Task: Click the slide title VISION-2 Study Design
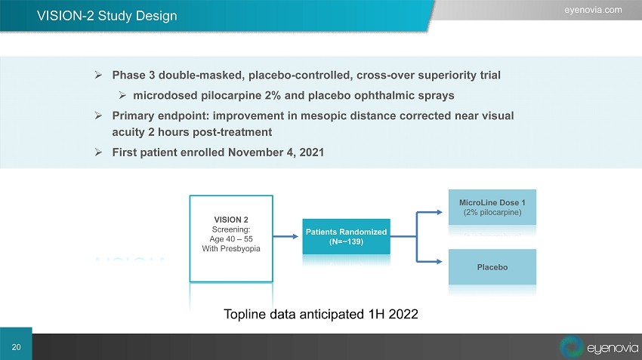point(106,16)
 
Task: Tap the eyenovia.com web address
point(593,10)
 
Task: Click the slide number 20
point(16,347)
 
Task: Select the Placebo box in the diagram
point(492,266)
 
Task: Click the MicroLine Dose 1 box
point(492,207)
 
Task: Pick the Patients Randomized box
point(346,236)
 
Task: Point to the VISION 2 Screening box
point(231,238)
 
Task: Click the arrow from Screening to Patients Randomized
point(286,236)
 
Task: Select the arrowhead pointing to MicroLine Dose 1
point(440,212)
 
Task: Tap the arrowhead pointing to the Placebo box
point(440,261)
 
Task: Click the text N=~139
point(346,242)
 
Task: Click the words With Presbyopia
point(231,248)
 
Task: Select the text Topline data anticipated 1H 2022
point(320,314)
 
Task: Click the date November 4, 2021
point(276,152)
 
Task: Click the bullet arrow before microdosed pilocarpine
point(122,95)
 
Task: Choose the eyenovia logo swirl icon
point(571,346)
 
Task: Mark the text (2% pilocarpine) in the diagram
point(492,212)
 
